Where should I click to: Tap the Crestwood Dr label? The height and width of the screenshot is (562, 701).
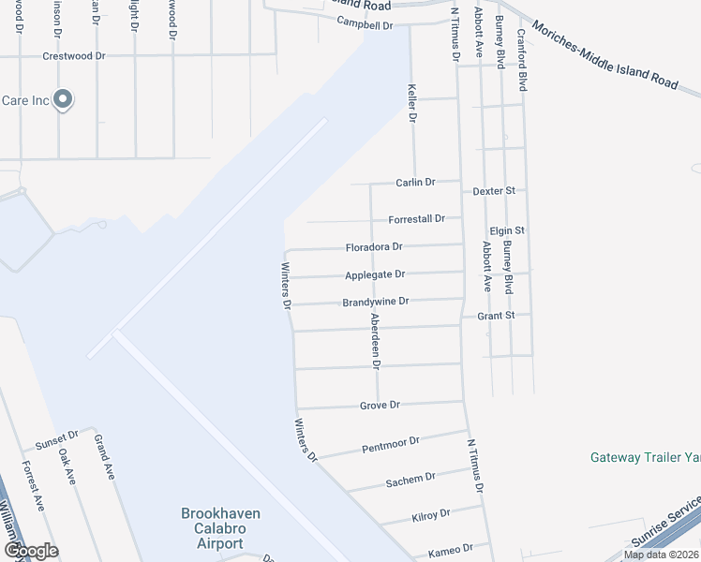pyautogui.click(x=74, y=56)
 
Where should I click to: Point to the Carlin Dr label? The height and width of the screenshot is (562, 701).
pyautogui.click(x=416, y=183)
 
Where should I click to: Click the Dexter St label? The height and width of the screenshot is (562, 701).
pyautogui.click(x=495, y=190)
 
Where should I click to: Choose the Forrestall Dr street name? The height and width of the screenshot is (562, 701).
pyautogui.click(x=416, y=219)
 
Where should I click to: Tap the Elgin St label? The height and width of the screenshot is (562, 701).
pyautogui.click(x=507, y=230)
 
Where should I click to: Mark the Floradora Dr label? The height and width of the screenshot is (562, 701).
pyautogui.click(x=373, y=247)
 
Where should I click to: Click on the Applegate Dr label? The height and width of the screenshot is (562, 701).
pyautogui.click(x=375, y=274)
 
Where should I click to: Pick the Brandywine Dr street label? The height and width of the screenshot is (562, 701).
pyautogui.click(x=376, y=302)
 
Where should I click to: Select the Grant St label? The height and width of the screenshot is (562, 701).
pyautogui.click(x=497, y=317)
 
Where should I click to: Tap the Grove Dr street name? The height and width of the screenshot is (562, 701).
pyautogui.click(x=380, y=406)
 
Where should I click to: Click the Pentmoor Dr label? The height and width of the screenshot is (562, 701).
pyautogui.click(x=390, y=444)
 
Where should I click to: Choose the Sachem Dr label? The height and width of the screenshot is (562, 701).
pyautogui.click(x=410, y=481)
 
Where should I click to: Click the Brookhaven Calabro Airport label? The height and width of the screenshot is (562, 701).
pyautogui.click(x=220, y=528)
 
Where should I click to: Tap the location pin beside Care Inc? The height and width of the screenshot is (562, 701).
pyautogui.click(x=63, y=98)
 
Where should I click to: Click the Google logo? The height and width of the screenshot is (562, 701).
pyautogui.click(x=31, y=550)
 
